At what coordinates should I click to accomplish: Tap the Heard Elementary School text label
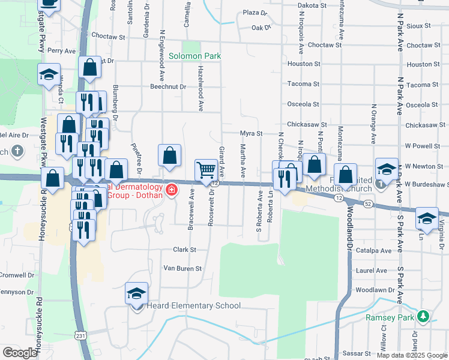coord(194,306)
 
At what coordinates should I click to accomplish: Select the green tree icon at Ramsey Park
coord(424,316)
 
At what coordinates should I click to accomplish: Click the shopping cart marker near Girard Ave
coord(206,171)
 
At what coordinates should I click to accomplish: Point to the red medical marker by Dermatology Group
coord(172,190)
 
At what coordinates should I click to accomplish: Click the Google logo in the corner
coord(20,353)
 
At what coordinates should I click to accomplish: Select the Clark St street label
coord(185,250)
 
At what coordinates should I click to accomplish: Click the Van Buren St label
coord(182,268)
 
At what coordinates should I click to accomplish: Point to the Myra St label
coord(251,133)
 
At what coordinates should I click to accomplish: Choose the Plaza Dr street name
coord(255,13)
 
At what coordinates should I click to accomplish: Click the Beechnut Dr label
coord(169,86)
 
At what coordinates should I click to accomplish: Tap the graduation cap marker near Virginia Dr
coord(427,220)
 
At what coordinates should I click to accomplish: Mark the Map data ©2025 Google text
coord(412,355)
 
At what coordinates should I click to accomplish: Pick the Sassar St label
coord(354,353)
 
